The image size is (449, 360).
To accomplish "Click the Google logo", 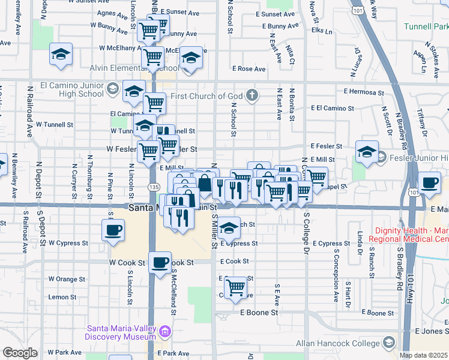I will pos(20,353).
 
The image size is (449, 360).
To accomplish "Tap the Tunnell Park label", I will pos(426,27).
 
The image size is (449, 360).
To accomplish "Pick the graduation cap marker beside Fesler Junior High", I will pos(366,152).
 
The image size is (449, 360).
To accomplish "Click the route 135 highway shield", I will pos(153,188).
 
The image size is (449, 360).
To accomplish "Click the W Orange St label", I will pos(67,279).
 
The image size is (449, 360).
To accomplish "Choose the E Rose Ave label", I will pos(252,69).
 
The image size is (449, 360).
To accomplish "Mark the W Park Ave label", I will pos(64,352).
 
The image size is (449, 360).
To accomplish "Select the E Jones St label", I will pos(431,331).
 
